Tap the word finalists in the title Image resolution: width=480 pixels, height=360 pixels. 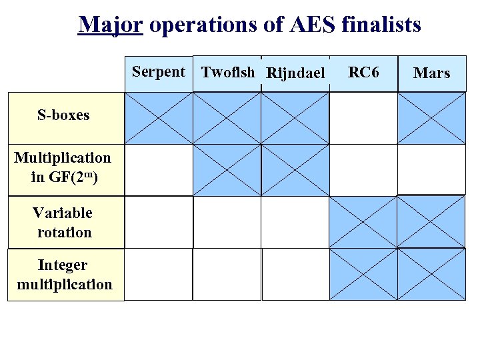[x=381, y=25]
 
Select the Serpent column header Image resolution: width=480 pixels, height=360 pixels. [x=159, y=72]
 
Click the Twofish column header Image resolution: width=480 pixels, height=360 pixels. [x=228, y=72]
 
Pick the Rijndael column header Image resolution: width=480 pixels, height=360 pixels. [x=295, y=73]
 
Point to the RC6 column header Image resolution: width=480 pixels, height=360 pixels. [x=363, y=72]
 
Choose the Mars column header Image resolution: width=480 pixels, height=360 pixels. [x=431, y=73]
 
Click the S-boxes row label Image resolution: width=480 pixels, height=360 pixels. [x=64, y=115]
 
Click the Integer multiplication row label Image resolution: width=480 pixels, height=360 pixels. [x=65, y=275]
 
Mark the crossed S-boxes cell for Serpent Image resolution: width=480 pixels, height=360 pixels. [x=159, y=117]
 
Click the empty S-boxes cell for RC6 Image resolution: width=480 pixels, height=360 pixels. [x=363, y=117]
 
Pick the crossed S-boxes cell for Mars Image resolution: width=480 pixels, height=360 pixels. [x=431, y=117]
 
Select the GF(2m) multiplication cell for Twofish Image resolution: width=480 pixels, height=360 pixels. [x=227, y=169]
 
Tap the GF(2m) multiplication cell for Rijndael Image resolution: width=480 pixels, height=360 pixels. [x=295, y=169]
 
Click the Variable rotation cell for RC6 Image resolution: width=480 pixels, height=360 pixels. [x=363, y=221]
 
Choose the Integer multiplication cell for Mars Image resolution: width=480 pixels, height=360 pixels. [x=431, y=274]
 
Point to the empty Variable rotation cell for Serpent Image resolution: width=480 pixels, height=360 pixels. [x=159, y=221]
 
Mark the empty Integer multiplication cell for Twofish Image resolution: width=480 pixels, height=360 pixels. [x=227, y=274]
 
